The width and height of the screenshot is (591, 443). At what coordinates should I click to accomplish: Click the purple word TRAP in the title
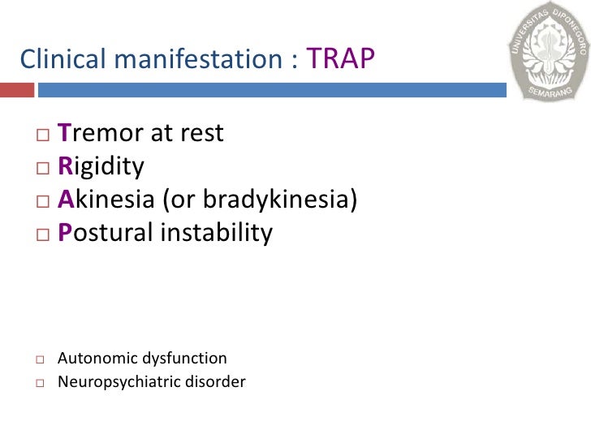click(341, 59)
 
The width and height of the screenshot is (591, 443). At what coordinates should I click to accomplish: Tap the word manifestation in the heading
click(198, 59)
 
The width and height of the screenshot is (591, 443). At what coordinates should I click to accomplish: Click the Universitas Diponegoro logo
click(548, 50)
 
